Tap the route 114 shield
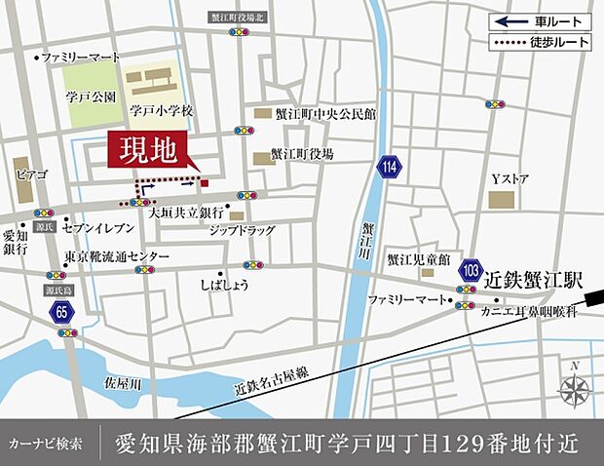391,167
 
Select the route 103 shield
472,268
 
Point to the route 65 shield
62,312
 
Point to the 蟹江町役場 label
301,154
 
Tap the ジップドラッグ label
242,231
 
